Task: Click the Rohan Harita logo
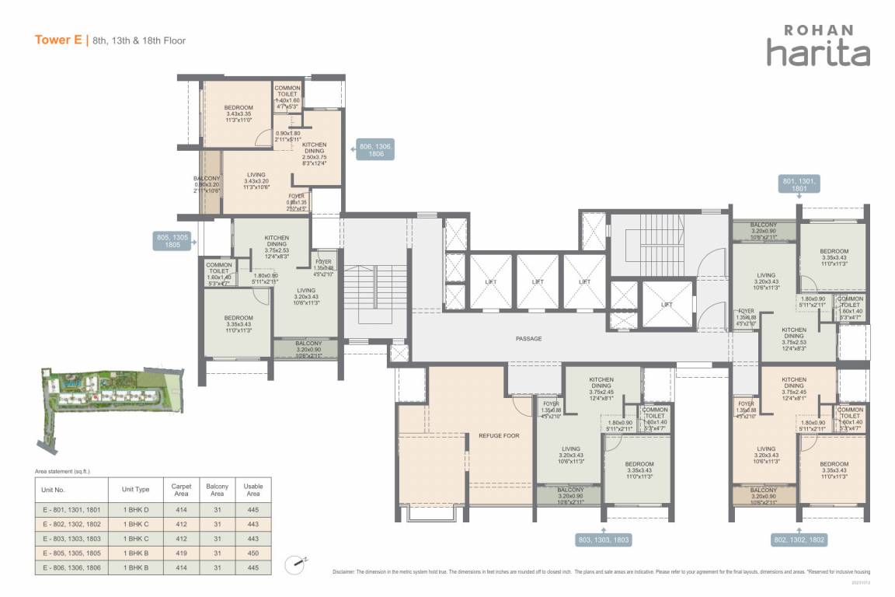(x=817, y=44)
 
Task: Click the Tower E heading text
(x=59, y=40)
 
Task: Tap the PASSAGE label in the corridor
(x=528, y=339)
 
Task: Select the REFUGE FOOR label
(x=499, y=436)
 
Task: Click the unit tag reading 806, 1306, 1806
(x=376, y=149)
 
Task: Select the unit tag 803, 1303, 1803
(x=602, y=538)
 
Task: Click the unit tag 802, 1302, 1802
(x=799, y=538)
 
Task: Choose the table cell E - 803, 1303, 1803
(x=71, y=538)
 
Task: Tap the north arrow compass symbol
(x=294, y=562)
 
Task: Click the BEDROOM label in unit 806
(x=239, y=108)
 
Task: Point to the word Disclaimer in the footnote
(x=346, y=571)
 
